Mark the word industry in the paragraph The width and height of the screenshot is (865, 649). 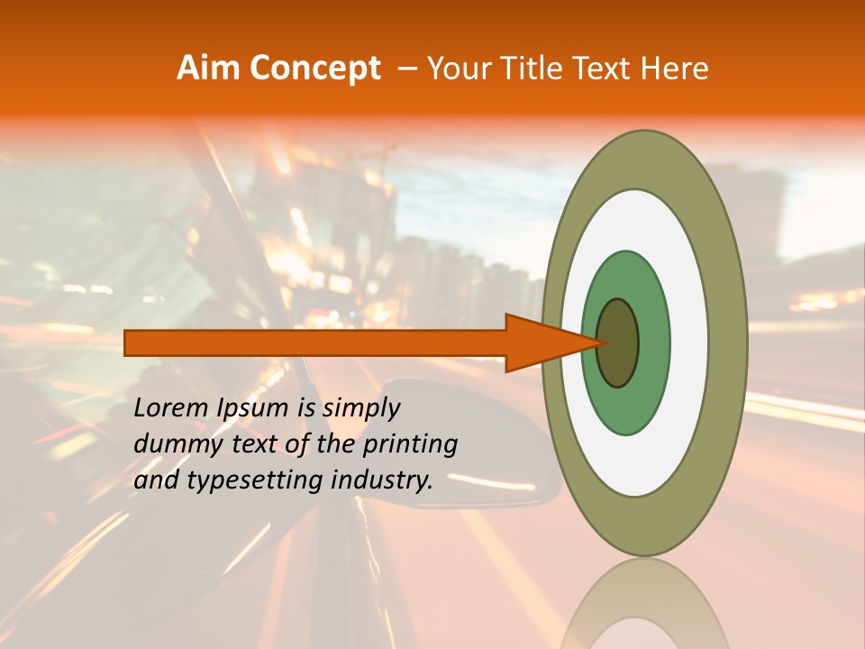click(382, 480)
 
